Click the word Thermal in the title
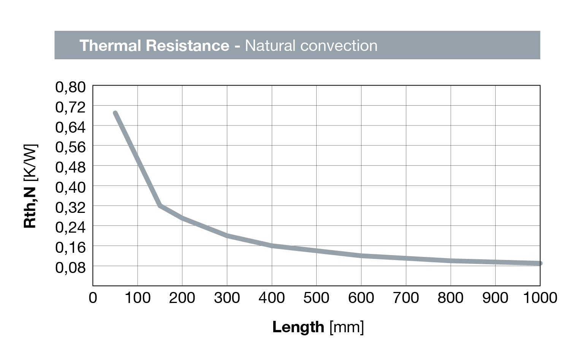[110, 46]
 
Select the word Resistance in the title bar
[187, 46]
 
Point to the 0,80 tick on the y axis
[71, 87]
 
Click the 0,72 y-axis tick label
[71, 107]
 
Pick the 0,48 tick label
[71, 167]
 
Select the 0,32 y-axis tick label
[71, 207]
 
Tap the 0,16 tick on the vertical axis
[71, 247]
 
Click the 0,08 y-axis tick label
[71, 268]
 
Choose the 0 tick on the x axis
[93, 298]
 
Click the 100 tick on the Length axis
[138, 298]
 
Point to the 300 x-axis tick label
[227, 298]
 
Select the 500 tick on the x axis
[316, 298]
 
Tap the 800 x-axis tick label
[450, 298]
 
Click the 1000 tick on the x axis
[540, 298]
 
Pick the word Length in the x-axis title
[298, 327]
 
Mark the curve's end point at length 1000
[540, 263]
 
